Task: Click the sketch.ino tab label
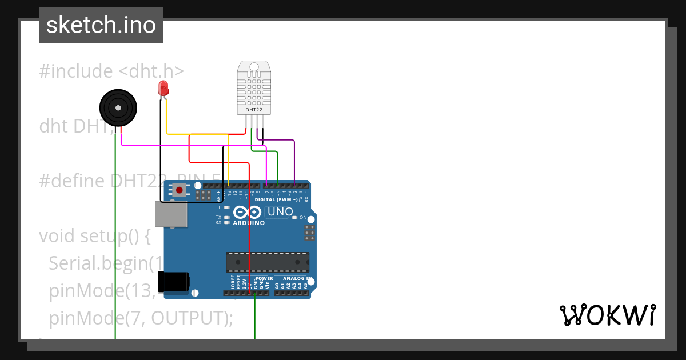(101, 25)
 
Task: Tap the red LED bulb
(163, 88)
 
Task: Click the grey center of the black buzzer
(118, 107)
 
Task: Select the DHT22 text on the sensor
(254, 109)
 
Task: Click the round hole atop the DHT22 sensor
(254, 67)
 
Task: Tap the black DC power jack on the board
(174, 282)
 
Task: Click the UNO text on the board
(280, 212)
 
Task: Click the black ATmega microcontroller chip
(268, 262)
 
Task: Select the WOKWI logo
(607, 315)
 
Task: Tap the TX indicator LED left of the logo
(227, 217)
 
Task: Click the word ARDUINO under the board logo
(249, 223)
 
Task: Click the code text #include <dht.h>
(111, 71)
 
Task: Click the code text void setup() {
(94, 235)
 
